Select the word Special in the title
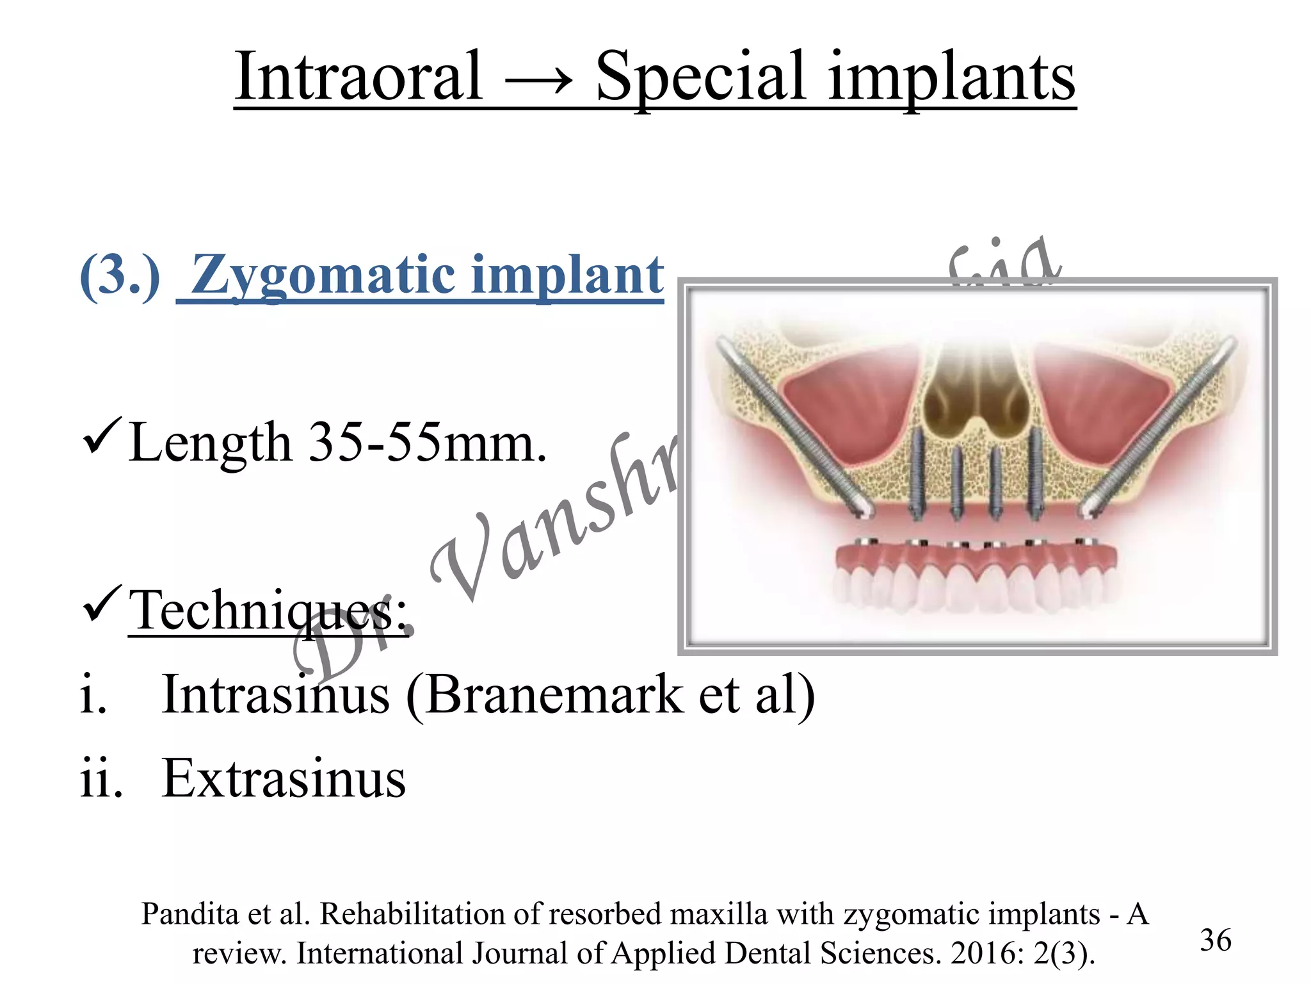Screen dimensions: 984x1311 [x=701, y=78]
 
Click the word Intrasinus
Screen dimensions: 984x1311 [x=275, y=694]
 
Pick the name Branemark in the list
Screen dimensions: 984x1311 [x=554, y=694]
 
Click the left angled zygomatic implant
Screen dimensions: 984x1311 [x=791, y=425]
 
